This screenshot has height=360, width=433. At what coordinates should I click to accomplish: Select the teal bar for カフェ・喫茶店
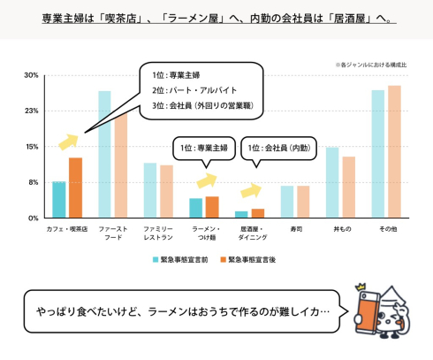tap(59, 199)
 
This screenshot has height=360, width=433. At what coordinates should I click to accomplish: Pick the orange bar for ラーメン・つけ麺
tap(211, 207)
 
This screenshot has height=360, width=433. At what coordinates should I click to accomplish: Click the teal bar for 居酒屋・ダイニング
tap(241, 214)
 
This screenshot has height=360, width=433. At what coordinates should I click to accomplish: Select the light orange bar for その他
tap(394, 151)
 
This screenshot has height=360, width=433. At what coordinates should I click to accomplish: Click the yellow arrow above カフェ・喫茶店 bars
tap(67, 142)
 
